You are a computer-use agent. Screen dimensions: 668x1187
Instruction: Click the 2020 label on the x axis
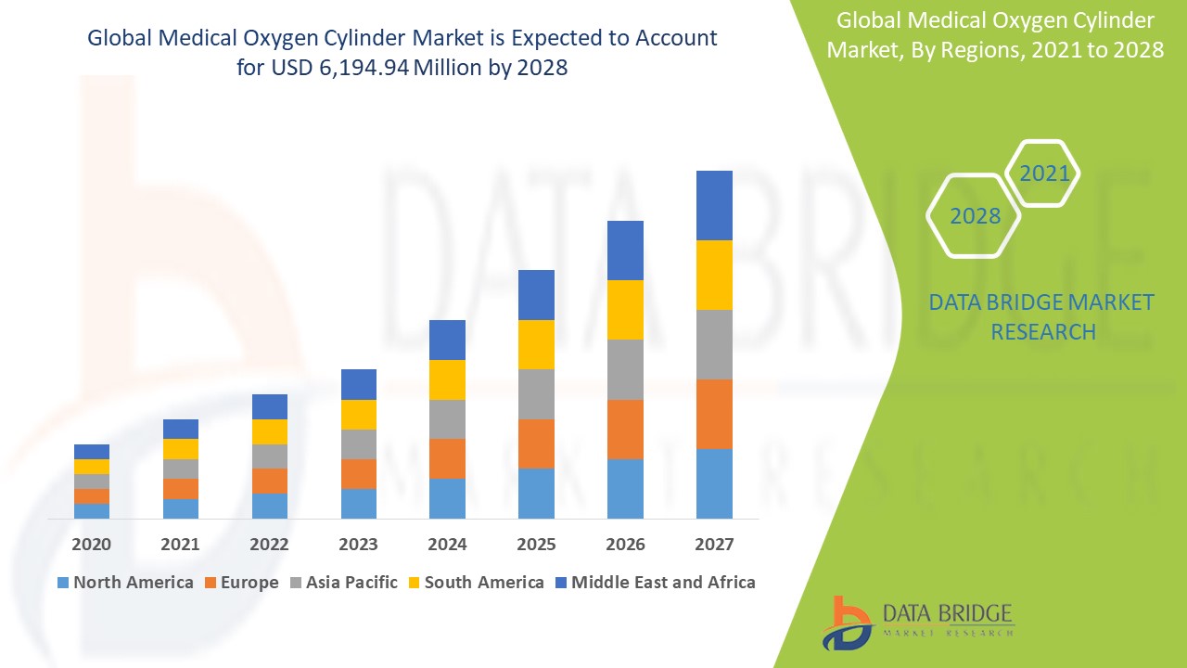[92, 544]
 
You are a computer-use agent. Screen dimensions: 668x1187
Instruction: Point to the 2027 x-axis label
[714, 544]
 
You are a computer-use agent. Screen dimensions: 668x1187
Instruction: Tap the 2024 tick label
[447, 544]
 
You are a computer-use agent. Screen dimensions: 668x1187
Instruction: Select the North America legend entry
[125, 583]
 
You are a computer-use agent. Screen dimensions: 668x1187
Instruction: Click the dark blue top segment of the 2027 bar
[714, 205]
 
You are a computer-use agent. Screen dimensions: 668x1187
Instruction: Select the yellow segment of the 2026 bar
[625, 310]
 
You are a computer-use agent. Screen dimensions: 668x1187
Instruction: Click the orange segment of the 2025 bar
[536, 443]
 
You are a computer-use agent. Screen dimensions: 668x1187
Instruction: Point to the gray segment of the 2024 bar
[447, 419]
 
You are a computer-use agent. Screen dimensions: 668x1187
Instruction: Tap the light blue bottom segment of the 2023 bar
[359, 503]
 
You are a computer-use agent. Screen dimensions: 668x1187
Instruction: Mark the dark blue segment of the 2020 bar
[92, 452]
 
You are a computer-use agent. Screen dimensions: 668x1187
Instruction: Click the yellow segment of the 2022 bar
[270, 431]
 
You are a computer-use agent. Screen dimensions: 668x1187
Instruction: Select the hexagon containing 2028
[974, 215]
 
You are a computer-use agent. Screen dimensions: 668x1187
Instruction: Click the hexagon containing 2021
[1043, 173]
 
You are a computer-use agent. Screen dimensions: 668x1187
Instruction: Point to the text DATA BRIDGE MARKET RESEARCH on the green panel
[1041, 316]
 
